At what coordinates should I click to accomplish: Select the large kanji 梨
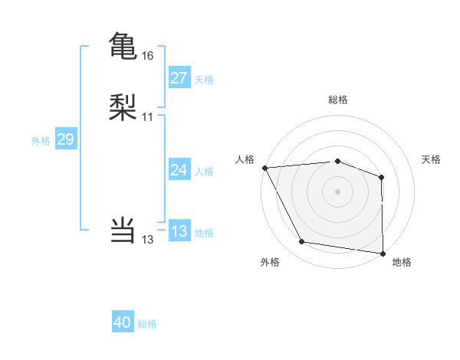point(123,107)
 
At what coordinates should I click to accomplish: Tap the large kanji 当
point(123,230)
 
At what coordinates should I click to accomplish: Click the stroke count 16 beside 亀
point(148,56)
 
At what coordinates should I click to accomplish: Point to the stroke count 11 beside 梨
point(148,117)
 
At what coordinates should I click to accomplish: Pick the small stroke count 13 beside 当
point(148,240)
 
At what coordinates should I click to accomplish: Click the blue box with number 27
point(179,78)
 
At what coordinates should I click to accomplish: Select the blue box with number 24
point(179,170)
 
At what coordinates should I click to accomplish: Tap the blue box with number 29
point(65,139)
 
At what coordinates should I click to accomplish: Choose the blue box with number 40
point(123,323)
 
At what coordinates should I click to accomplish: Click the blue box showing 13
point(179,231)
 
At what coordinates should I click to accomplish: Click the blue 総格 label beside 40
point(147,324)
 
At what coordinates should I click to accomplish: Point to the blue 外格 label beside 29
point(41,140)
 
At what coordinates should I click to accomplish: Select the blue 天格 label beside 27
point(204,79)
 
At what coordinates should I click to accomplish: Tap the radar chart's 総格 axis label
point(338,100)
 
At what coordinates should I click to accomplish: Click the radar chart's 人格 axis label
point(245,159)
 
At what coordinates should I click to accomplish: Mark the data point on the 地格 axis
point(383,253)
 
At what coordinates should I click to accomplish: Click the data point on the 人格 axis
point(264,168)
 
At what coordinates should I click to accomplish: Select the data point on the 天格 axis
point(382,177)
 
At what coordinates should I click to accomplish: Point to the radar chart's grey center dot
point(338,191)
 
